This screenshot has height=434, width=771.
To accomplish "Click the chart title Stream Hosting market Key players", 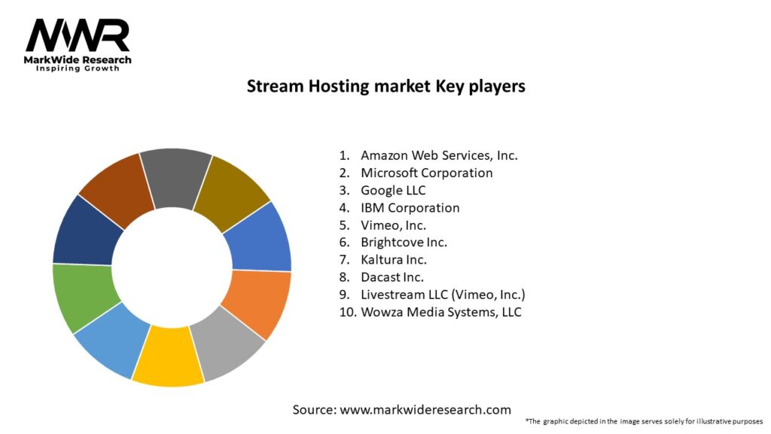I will click(x=385, y=87).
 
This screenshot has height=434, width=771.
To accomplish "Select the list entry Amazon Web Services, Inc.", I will click(x=439, y=155).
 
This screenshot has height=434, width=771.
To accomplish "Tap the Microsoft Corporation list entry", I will click(x=426, y=173).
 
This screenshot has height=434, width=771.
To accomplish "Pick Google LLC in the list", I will click(x=393, y=190).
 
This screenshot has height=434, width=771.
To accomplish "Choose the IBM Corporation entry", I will click(x=410, y=207).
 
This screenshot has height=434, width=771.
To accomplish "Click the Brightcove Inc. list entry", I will click(x=404, y=242).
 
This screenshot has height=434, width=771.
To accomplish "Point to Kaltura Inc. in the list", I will click(x=393, y=259).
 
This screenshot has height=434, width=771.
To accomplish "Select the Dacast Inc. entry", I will click(x=392, y=277).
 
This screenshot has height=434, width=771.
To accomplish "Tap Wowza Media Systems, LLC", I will click(x=440, y=311).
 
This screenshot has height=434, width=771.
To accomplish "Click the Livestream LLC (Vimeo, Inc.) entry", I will click(x=443, y=294).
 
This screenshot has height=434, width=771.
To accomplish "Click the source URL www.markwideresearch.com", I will click(x=425, y=410).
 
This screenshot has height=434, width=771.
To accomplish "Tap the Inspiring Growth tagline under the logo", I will click(x=78, y=69).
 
